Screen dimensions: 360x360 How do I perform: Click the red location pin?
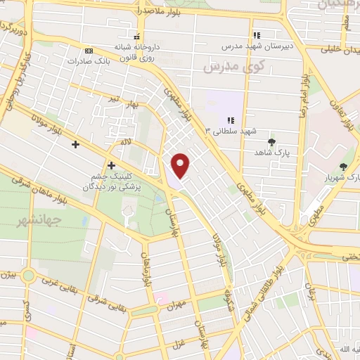pyautogui.click(x=181, y=166)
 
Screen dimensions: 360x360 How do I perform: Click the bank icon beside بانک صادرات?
pyautogui.click(x=89, y=51)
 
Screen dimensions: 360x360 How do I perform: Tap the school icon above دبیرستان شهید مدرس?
pyautogui.click(x=257, y=34)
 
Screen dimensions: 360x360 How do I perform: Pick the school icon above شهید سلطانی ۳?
pyautogui.click(x=231, y=120)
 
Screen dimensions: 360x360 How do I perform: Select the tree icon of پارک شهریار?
pyautogui.click(x=343, y=167)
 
